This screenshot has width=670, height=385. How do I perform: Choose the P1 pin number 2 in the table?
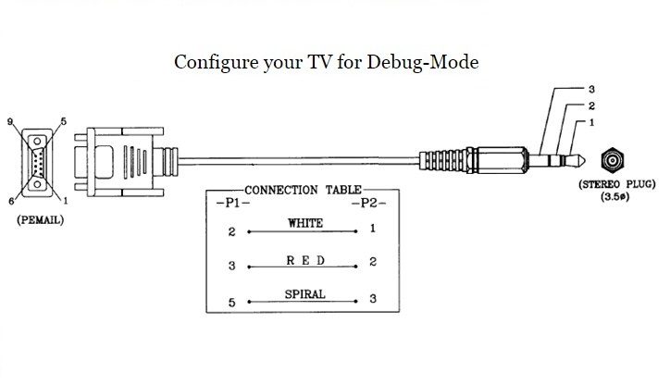[x=230, y=231]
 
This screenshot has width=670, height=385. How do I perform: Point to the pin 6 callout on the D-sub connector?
[x=11, y=201]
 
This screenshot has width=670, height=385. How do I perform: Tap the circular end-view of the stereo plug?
[x=612, y=159]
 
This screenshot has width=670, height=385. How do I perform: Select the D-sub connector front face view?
[x=36, y=161]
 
